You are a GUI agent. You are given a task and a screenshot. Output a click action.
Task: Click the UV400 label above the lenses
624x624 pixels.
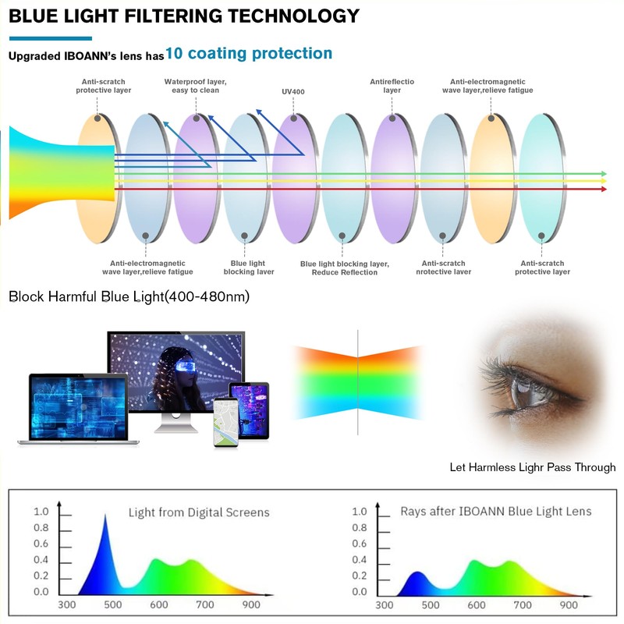(293, 92)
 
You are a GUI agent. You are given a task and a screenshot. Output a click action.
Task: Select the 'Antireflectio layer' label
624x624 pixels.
(392, 86)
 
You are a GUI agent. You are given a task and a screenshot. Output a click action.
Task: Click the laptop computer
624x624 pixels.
(77, 409)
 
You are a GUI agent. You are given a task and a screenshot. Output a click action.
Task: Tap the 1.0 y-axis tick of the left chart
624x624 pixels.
(41, 512)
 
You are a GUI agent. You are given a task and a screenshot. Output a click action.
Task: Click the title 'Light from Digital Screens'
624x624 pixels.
(199, 512)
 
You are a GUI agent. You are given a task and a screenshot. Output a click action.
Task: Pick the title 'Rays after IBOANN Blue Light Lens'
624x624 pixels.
(495, 512)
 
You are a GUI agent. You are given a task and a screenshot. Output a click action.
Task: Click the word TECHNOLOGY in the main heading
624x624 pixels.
(289, 16)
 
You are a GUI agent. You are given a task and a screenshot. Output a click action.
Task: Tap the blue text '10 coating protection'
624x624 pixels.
(249, 54)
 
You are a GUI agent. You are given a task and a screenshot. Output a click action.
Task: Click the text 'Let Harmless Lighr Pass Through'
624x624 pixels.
(533, 468)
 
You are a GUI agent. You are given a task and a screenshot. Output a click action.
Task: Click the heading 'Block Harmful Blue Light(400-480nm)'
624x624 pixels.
(129, 297)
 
